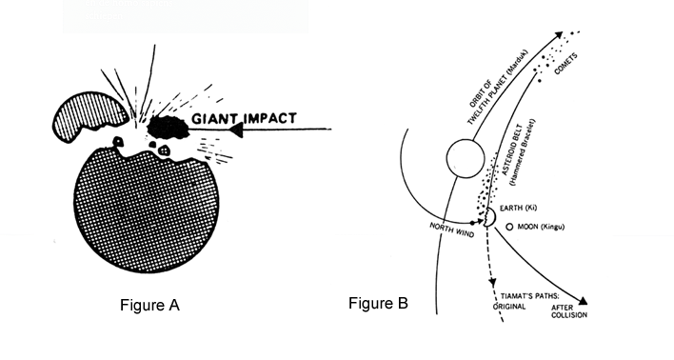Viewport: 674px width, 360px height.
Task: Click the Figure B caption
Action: point(378,304)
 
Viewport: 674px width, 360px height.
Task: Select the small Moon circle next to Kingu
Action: point(511,227)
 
